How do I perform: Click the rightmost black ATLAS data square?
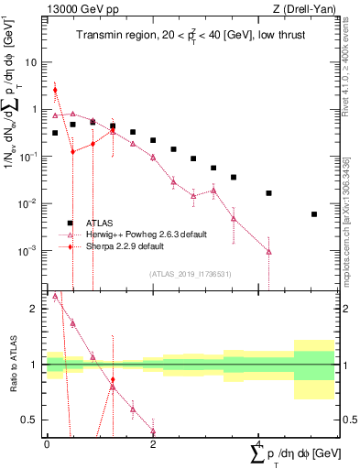[x=314, y=214]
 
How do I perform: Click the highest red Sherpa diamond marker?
[x=55, y=90]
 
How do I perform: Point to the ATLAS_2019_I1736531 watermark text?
[x=190, y=274]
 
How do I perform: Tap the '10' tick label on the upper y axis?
[x=31, y=62]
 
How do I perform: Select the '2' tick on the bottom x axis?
[x=153, y=442]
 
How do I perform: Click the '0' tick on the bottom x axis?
[x=47, y=442]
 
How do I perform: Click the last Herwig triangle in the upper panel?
[x=268, y=251]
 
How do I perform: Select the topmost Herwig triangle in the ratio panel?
[x=55, y=296]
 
